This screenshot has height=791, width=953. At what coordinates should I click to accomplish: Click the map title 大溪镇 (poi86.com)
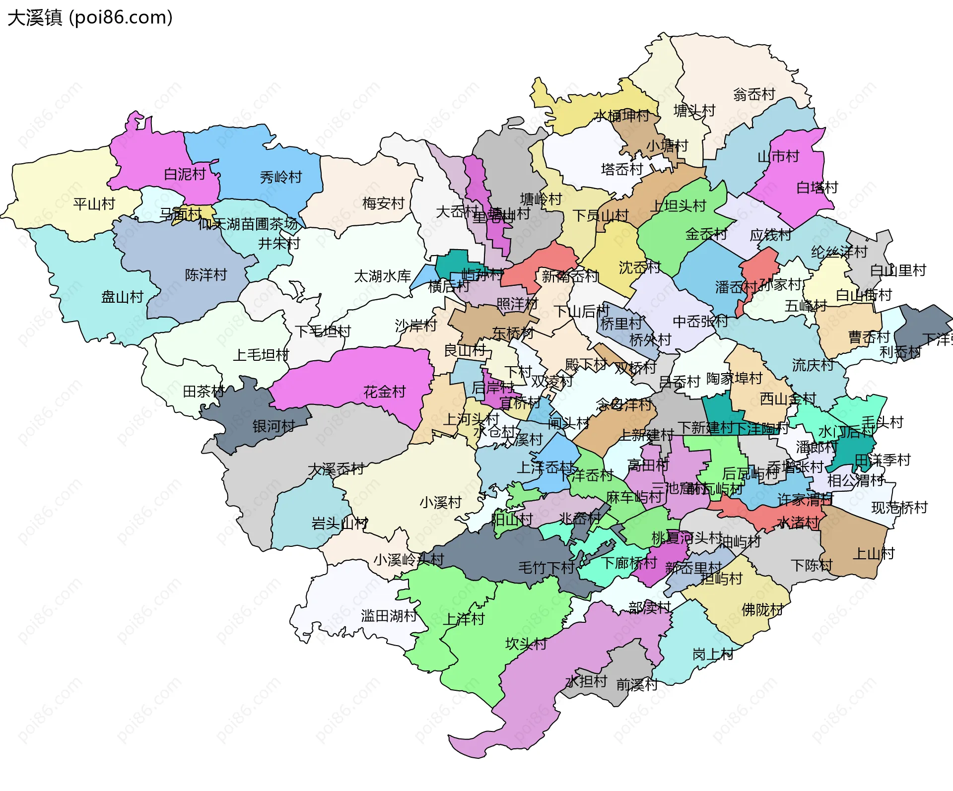(90, 17)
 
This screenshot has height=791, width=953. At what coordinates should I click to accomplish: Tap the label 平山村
(94, 204)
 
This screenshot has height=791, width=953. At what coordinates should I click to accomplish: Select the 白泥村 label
(185, 174)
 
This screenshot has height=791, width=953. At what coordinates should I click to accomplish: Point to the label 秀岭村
(281, 177)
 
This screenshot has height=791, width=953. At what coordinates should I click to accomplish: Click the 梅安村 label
(383, 203)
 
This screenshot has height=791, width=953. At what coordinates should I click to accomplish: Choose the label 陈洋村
(205, 275)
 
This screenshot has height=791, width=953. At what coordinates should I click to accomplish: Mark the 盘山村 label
(122, 297)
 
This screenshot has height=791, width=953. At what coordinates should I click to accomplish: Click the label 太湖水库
(382, 276)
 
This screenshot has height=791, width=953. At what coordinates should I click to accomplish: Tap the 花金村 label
(384, 392)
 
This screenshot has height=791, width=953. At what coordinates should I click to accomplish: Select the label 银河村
(273, 426)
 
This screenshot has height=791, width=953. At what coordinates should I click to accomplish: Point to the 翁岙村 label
(754, 94)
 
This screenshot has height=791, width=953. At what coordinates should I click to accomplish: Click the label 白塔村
(817, 188)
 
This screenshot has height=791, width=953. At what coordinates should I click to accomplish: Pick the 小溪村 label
(440, 503)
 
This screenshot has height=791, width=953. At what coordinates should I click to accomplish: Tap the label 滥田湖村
(389, 616)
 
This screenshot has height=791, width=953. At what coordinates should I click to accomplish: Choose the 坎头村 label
(526, 644)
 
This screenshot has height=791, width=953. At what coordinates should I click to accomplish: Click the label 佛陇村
(762, 610)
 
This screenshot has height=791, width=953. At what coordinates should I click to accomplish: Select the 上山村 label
(873, 554)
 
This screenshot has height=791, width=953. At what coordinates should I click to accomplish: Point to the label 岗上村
(713, 655)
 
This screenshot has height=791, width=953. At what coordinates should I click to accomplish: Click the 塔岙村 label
(621, 170)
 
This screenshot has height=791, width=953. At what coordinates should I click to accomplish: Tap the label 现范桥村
(899, 508)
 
